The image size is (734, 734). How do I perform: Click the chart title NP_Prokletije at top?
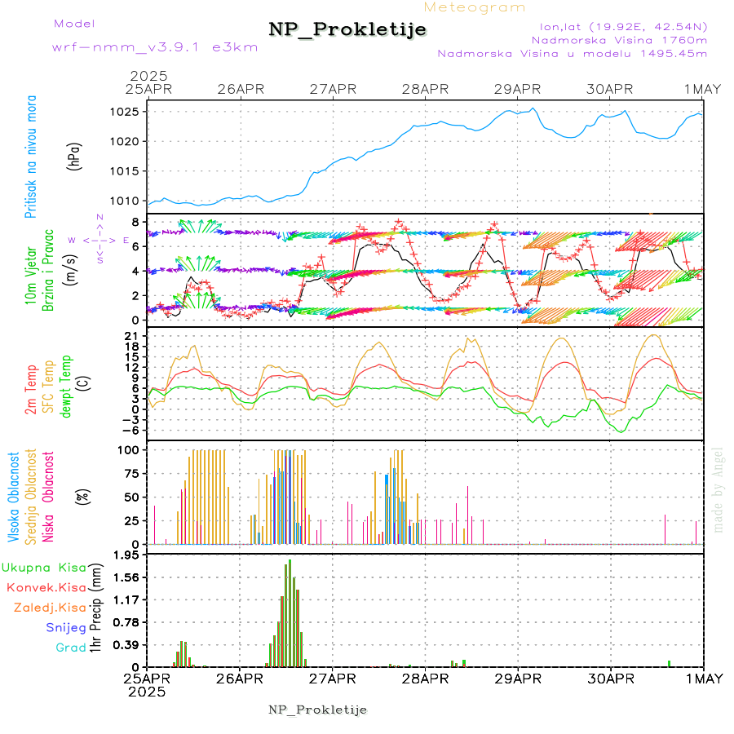point(347,30)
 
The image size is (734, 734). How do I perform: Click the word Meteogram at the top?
point(475,7)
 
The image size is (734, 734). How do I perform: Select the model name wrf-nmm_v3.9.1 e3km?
point(155,47)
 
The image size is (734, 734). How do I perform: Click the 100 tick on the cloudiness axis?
point(130,449)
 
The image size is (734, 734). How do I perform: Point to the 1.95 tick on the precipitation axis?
point(127,555)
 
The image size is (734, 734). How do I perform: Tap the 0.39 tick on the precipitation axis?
point(127,645)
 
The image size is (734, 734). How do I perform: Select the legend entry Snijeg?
point(65,627)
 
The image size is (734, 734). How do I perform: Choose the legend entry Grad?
point(70,648)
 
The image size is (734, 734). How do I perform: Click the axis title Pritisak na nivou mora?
point(32,156)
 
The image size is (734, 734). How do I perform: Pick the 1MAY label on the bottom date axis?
point(702,678)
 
